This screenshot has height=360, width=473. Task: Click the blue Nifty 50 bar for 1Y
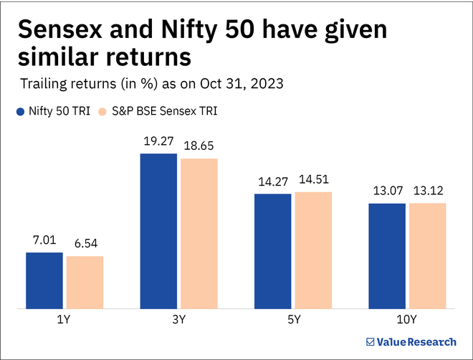tap(44, 280)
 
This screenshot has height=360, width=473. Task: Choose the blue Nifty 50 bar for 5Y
tap(273, 251)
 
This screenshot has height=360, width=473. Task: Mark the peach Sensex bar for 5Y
tap(314, 250)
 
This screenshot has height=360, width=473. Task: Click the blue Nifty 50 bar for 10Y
tap(388, 256)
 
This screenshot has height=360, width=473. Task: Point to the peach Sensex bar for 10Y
tap(428, 256)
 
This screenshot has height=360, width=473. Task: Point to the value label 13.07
tap(388, 192)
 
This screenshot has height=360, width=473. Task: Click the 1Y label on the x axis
tap(64, 318)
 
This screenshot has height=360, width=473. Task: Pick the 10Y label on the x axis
tap(408, 318)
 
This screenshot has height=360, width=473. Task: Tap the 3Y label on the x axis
tap(179, 318)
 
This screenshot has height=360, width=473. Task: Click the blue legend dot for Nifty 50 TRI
tap(19, 112)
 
